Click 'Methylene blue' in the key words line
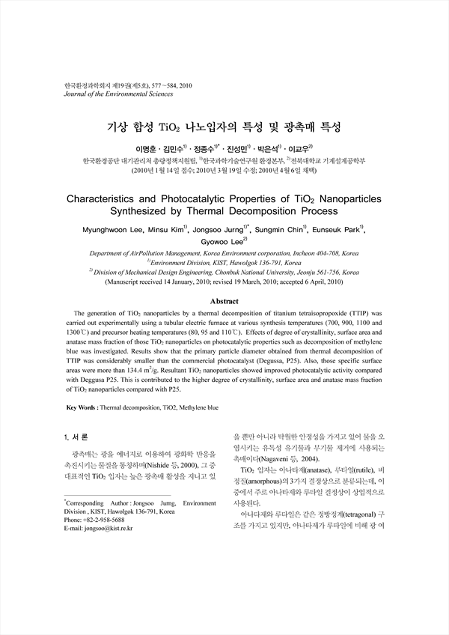click(196, 407)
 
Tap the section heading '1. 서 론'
click(78, 436)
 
